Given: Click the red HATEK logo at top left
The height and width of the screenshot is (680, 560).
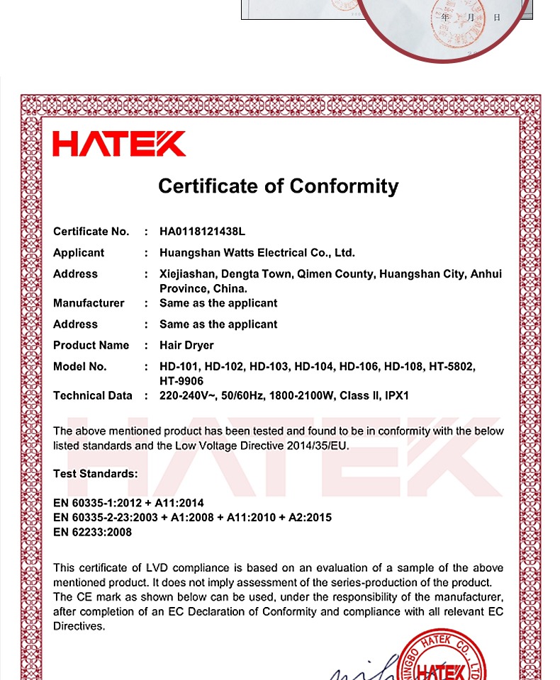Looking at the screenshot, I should coord(119,143).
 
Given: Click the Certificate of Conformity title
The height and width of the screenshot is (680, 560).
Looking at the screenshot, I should coord(278,186).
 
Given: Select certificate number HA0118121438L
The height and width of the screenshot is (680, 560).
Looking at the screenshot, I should coord(202,232).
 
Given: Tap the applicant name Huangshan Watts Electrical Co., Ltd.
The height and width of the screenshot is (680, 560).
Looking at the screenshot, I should coord(257,253).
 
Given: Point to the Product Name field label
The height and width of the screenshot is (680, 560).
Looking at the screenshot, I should coord(91,346).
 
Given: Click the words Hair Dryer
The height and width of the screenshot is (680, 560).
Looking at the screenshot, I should coord(186,346).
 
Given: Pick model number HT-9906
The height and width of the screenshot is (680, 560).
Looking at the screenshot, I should coord(181,381).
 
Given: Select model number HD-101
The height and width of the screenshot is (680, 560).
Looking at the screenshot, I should coord(179,367).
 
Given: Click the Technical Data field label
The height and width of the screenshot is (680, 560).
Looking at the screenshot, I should coord(93,396).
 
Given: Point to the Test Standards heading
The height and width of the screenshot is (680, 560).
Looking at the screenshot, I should coord(96,474).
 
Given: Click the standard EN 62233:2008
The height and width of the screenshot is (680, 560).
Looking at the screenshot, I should coord(93,532).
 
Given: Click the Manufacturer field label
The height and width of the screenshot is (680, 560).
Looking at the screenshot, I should coord(89,303).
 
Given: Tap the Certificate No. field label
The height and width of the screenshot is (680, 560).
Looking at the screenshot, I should coord(91,232).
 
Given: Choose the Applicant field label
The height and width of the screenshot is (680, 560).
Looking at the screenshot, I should coord(79,253).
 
